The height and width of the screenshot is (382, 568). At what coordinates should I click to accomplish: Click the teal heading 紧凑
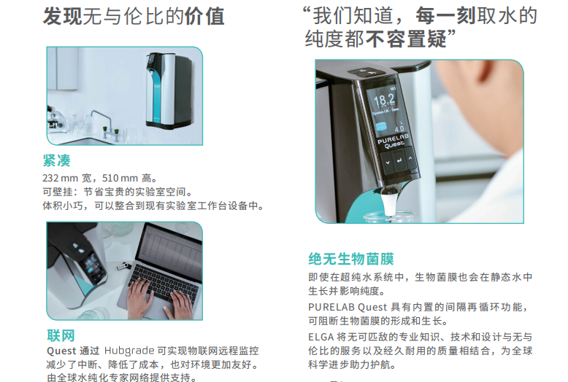click(56, 160)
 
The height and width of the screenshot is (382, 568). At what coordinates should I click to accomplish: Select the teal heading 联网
click(61, 335)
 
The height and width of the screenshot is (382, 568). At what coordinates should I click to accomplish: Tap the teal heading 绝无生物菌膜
click(350, 259)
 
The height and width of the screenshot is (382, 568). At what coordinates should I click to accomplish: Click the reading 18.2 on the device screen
click(384, 99)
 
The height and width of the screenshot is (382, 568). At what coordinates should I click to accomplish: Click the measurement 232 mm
click(59, 178)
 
